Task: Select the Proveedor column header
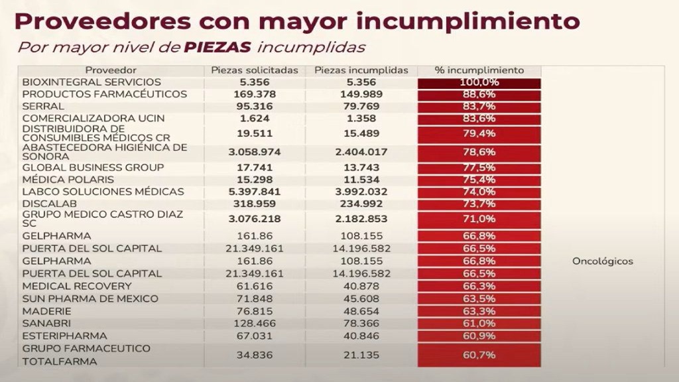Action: click(111, 70)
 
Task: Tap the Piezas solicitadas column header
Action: click(255, 70)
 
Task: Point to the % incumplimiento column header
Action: click(479, 70)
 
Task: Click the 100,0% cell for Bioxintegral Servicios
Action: click(479, 82)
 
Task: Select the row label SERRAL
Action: click(43, 106)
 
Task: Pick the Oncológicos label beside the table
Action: click(602, 261)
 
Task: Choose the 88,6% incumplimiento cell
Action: click(479, 94)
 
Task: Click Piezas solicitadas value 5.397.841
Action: click(255, 192)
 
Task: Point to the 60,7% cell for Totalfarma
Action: click(479, 355)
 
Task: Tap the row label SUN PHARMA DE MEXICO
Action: click(90, 298)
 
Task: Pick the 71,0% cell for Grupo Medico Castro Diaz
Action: click(479, 219)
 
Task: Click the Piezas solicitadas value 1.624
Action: click(255, 119)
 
